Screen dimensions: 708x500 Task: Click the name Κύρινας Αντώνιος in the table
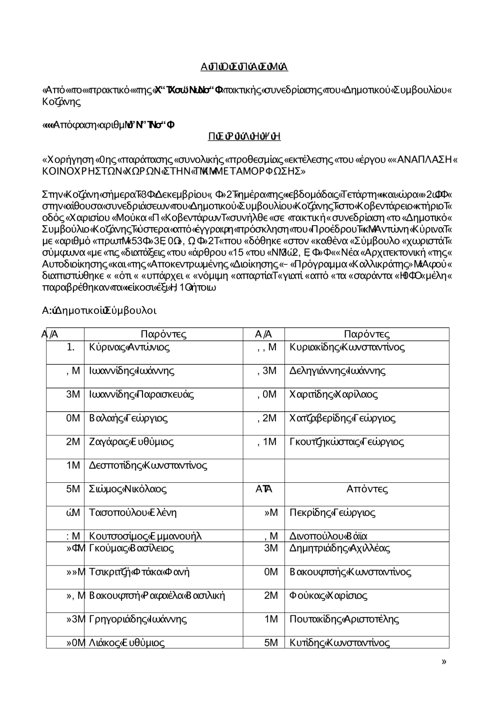click(x=129, y=347)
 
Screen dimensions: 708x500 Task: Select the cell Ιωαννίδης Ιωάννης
click(x=131, y=371)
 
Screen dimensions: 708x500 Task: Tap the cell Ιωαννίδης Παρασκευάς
click(x=141, y=394)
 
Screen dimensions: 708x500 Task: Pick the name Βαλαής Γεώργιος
click(x=128, y=418)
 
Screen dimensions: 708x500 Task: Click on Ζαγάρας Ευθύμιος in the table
click(x=131, y=442)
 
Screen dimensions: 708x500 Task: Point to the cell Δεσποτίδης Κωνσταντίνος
click(x=148, y=465)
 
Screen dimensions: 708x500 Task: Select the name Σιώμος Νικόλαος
click(x=127, y=489)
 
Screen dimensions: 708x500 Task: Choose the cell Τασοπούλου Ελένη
click(x=132, y=512)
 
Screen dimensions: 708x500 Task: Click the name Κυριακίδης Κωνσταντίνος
click(x=347, y=347)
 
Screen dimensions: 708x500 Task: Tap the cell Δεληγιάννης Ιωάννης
click(x=337, y=371)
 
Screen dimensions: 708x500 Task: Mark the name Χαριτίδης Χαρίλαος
click(x=333, y=394)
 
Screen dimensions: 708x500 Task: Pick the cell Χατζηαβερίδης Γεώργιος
click(x=342, y=418)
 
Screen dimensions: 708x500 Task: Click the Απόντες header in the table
click(x=367, y=489)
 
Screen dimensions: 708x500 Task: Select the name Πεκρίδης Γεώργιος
click(x=332, y=512)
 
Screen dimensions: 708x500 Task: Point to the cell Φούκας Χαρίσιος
click(x=328, y=595)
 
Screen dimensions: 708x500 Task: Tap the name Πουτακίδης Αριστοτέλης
click(x=344, y=619)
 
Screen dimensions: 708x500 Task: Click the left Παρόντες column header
click(x=163, y=334)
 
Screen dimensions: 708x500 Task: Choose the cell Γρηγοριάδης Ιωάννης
click(x=137, y=619)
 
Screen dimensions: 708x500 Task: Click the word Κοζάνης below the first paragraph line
click(x=61, y=102)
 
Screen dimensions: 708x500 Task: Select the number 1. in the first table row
click(x=70, y=347)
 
